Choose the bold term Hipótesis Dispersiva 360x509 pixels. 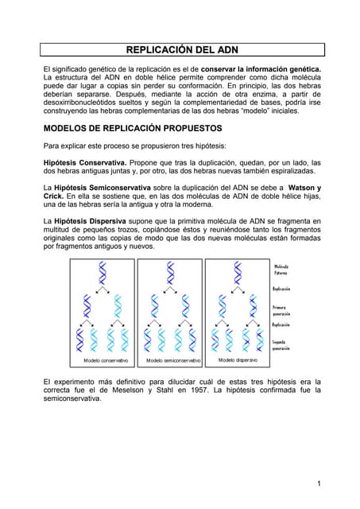(89, 220)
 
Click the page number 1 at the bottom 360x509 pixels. (318, 484)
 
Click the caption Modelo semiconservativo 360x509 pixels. (171, 361)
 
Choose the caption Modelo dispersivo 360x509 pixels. (238, 360)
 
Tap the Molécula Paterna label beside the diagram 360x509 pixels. (281, 270)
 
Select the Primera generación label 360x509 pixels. (282, 310)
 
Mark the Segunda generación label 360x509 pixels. (282, 345)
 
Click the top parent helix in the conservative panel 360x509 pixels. (102, 274)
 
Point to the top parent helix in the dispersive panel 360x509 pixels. (238, 274)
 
